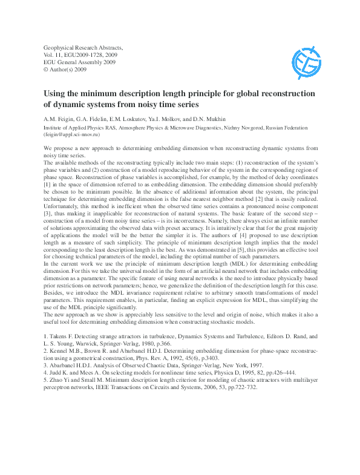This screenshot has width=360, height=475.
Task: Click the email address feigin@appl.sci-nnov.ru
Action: (70, 135)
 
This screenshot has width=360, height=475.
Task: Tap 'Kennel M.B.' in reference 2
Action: (67, 349)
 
